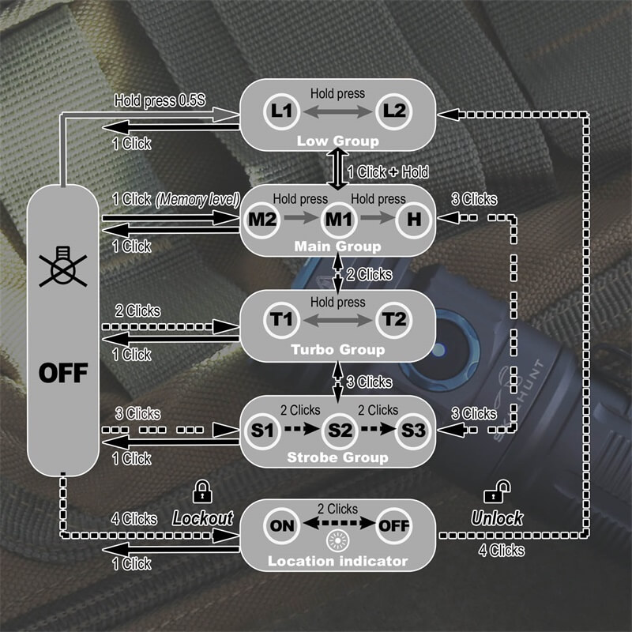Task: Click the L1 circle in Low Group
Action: click(280, 111)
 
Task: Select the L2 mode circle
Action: click(394, 111)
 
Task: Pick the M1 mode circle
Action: click(338, 218)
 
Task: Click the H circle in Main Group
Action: click(413, 218)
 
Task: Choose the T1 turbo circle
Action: click(280, 320)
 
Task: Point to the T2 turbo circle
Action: click(394, 320)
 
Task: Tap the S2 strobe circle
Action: click(339, 430)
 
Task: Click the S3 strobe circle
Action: click(413, 430)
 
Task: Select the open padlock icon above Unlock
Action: click(495, 493)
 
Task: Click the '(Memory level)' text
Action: click(197, 200)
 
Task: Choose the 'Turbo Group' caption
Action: click(338, 350)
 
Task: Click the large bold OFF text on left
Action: click(63, 372)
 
